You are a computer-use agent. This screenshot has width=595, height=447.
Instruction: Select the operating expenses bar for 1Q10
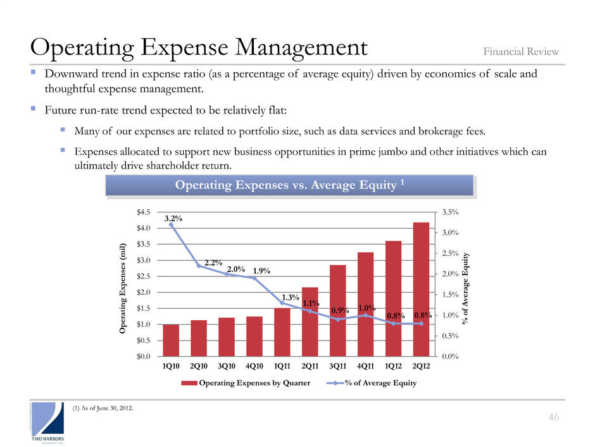(171, 340)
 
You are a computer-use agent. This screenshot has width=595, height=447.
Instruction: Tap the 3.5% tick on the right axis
(448, 212)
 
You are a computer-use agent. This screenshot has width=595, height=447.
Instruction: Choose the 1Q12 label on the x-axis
(393, 367)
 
